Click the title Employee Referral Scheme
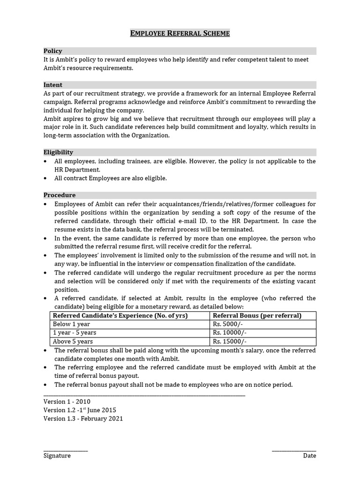coord(180,33)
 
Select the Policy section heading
coord(53,51)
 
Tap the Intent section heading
coord(53,85)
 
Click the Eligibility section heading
coord(58,152)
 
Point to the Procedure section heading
coord(60,195)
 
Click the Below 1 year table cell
coord(71,324)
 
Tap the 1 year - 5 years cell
coord(75,332)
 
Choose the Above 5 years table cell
coord(73,341)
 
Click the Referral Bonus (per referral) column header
coord(257,315)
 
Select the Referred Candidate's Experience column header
coord(120,315)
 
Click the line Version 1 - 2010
coord(67,402)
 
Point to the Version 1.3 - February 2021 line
coord(83,419)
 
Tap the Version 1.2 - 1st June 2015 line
coord(80,410)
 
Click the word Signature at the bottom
coord(57,456)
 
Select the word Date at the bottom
coord(309,456)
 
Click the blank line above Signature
coord(66,450)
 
